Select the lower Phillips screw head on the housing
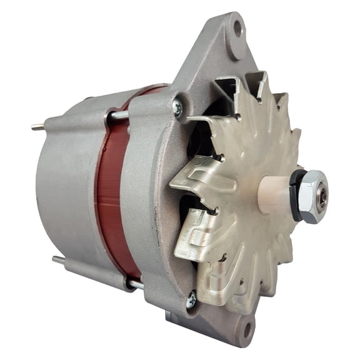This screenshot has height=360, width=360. point(191,301)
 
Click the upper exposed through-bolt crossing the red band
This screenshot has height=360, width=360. point(119,116)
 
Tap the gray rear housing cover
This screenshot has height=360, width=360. point(62,187)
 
